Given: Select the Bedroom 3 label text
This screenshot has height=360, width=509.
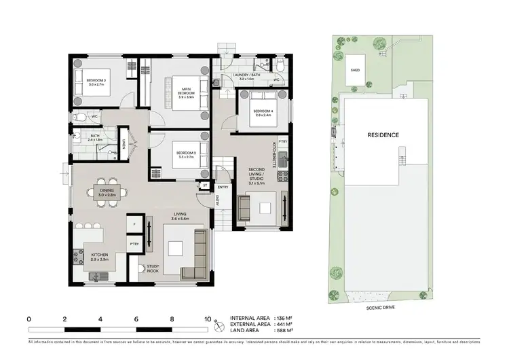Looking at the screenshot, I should pyautogui.click(x=185, y=155).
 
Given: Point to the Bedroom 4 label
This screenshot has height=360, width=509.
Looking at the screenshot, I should pyautogui.click(x=262, y=112).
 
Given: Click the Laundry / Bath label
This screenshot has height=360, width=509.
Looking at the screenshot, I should pyautogui.click(x=245, y=77).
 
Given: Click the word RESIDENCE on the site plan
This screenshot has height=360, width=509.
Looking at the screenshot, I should pyautogui.click(x=383, y=135).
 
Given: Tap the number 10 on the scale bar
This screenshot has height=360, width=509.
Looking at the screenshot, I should pyautogui.click(x=208, y=318).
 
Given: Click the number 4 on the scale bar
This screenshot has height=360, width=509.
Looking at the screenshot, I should pyautogui.click(x=100, y=318).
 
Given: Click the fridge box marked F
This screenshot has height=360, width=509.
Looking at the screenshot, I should pyautogui.click(x=134, y=224).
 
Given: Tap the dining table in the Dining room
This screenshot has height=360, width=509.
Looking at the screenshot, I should pyautogui.click(x=107, y=194).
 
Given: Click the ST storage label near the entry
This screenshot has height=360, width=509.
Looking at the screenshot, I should pyautogui.click(x=204, y=184).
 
